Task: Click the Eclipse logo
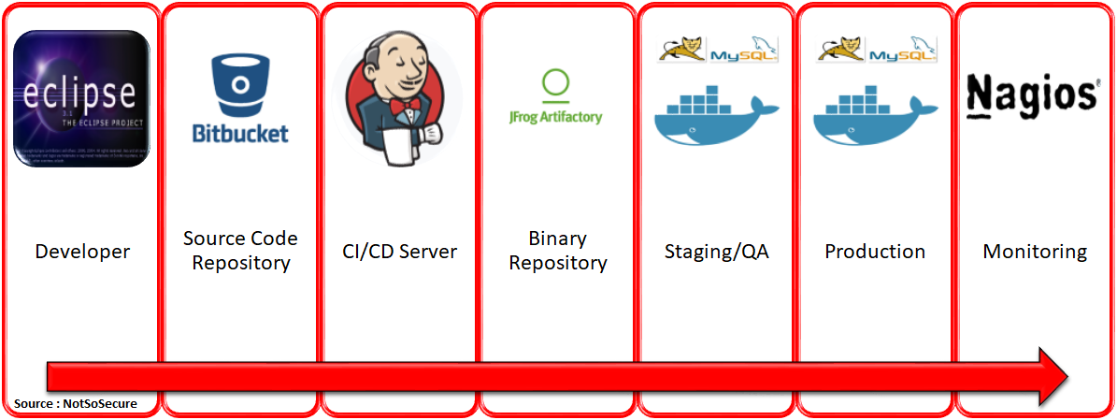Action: point(81,98)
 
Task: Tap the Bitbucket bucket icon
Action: point(240,84)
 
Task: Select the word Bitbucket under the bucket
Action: point(240,132)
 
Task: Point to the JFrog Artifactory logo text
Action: point(555,117)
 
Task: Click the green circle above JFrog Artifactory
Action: point(555,83)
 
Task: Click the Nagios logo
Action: point(1032,96)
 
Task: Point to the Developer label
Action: point(82,252)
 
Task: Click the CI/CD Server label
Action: point(399,252)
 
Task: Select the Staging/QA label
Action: point(717,252)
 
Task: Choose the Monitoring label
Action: point(1035,252)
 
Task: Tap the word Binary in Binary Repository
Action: point(557,239)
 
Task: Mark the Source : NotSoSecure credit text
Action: point(76,404)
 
